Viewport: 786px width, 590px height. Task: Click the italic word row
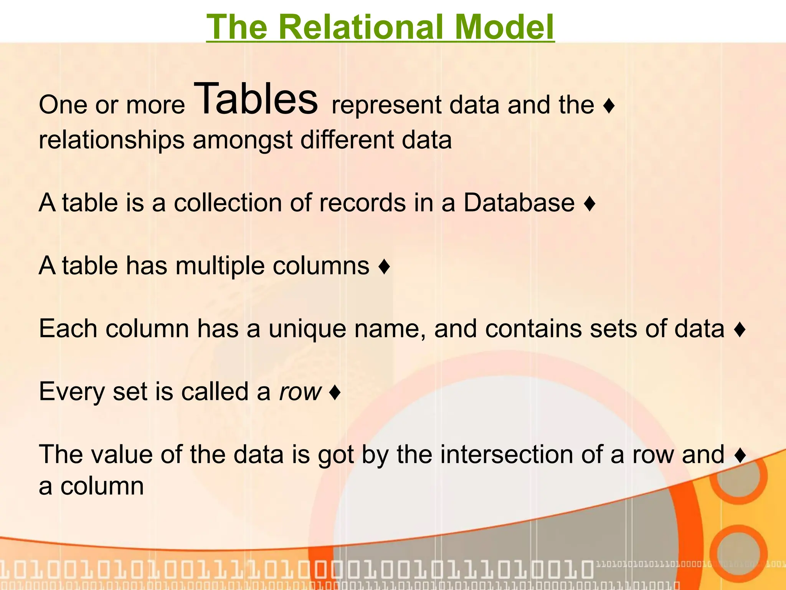click(x=300, y=391)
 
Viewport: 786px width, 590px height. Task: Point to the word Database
click(x=519, y=202)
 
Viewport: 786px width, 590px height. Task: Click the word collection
click(x=228, y=202)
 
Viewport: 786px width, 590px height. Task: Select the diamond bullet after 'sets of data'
click(x=740, y=330)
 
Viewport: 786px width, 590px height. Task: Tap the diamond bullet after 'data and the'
click(x=609, y=106)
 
